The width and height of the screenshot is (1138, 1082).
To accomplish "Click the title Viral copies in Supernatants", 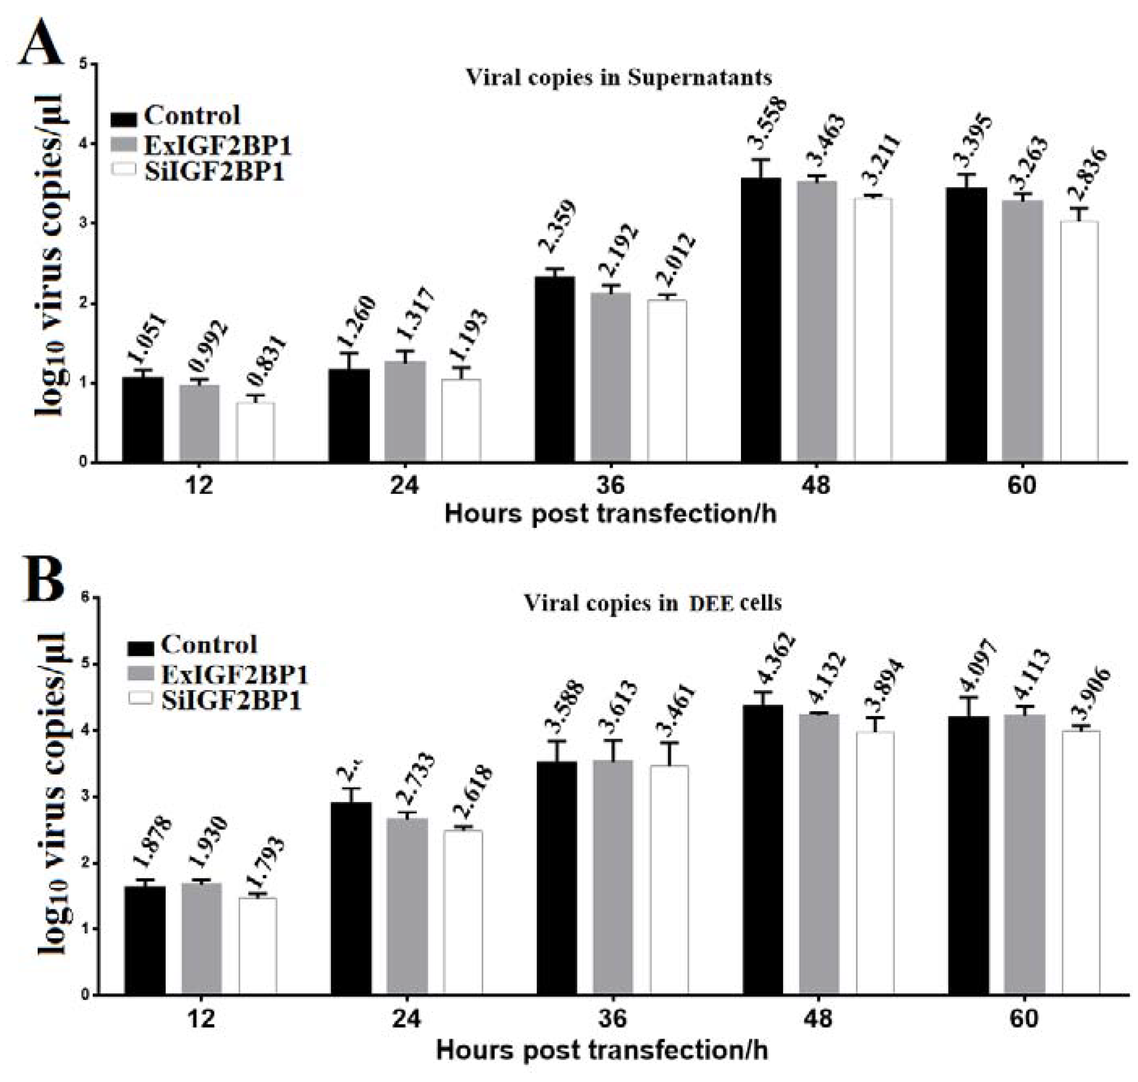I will (x=618, y=77).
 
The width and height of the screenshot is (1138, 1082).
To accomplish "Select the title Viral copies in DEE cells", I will (x=652, y=603).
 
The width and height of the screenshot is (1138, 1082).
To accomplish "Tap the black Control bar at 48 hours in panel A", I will (x=760, y=320).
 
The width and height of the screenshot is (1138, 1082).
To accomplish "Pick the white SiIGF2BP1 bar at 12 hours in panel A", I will (x=256, y=432).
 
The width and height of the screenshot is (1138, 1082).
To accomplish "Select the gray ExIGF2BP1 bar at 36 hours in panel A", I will (x=610, y=378).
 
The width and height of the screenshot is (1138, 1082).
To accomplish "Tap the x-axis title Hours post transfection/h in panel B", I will (x=602, y=1051).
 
